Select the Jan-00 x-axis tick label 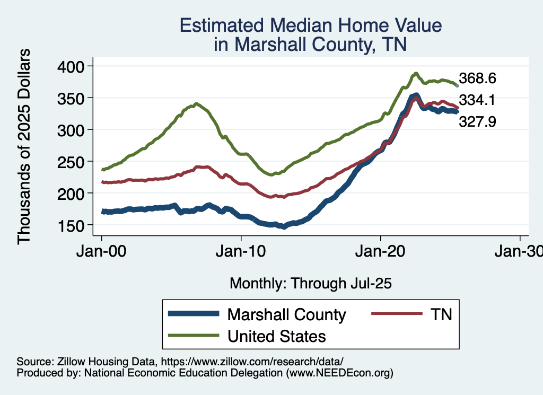(x=101, y=251)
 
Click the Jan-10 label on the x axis (x=241, y=251)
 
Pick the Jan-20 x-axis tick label (x=381, y=251)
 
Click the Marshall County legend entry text (x=286, y=314)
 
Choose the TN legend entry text (x=440, y=314)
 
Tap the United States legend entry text (x=276, y=336)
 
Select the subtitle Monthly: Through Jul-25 (x=310, y=283)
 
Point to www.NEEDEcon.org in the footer (x=340, y=373)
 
